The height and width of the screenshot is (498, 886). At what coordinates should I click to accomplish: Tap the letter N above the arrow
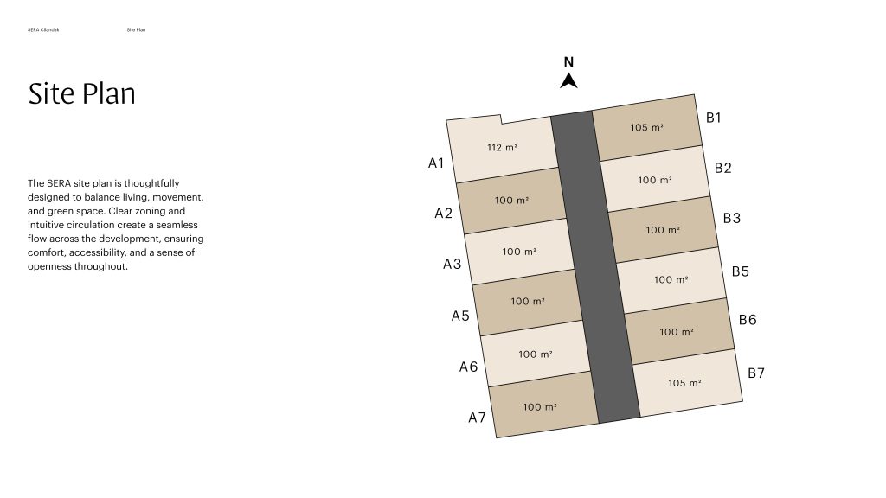[569, 62]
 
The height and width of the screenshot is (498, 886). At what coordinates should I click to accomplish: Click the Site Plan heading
[82, 93]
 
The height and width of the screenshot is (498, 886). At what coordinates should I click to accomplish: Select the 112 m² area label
[503, 147]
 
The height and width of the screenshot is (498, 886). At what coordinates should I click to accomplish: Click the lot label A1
[436, 163]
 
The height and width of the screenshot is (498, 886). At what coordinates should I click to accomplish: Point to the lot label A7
[477, 418]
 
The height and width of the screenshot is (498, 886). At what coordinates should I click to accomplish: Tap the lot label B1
[714, 118]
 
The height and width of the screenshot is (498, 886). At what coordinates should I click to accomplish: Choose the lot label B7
[756, 373]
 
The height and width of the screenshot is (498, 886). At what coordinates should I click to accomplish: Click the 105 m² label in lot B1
[647, 128]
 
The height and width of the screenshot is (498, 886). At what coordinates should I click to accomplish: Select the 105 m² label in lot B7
[685, 383]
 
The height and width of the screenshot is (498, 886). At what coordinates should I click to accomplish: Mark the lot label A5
[460, 316]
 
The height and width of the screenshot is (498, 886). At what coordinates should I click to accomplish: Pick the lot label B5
[741, 271]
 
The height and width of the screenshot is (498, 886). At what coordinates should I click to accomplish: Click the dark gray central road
[595, 266]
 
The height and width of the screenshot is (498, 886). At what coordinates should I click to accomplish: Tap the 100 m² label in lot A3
[519, 252]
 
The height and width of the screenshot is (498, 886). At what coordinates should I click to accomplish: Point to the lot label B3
[732, 218]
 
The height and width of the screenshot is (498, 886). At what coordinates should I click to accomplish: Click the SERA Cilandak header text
[43, 30]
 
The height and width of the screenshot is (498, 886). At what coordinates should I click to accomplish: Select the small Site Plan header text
[136, 30]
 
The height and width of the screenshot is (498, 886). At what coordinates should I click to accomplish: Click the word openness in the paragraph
[49, 266]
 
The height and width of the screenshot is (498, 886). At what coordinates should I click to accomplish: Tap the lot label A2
[444, 214]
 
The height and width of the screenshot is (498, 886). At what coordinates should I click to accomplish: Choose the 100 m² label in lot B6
[677, 332]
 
